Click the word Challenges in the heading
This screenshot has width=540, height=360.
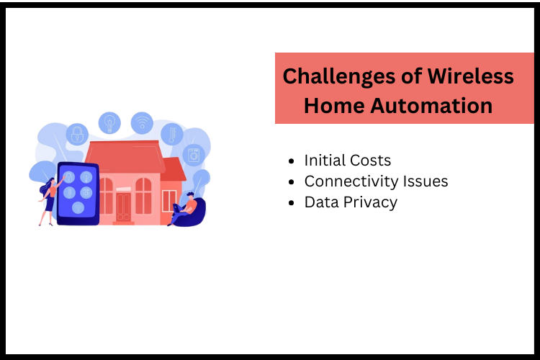coord(326,76)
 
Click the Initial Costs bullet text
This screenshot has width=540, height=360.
coord(348,160)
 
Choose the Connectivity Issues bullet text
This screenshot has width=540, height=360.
coord(376,181)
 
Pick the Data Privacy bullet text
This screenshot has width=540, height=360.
coord(351,202)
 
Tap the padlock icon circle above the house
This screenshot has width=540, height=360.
coord(76,134)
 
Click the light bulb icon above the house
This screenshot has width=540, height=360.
coord(109,122)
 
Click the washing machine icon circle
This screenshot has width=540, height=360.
coord(194,154)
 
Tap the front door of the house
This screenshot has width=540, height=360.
coord(124,206)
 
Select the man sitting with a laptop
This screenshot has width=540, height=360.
coord(186,207)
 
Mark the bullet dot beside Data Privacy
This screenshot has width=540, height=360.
coord(291,203)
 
